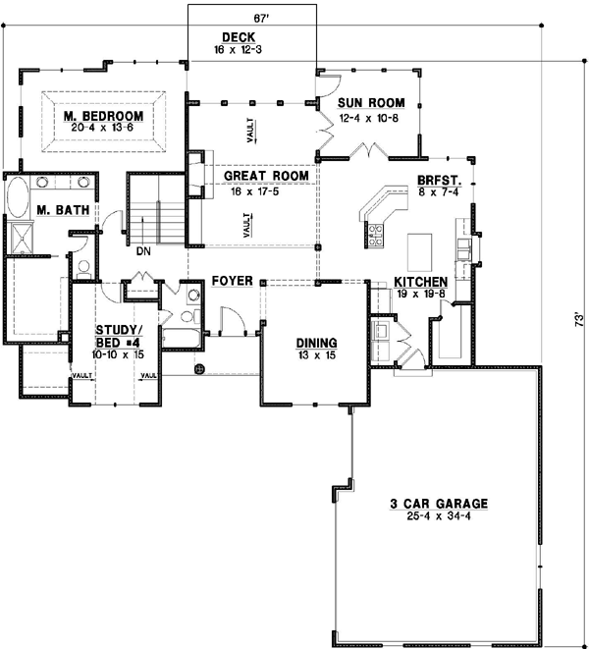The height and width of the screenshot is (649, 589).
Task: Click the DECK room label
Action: click(239, 37)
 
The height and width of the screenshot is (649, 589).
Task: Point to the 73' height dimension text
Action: click(579, 320)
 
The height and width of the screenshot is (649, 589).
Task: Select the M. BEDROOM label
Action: click(103, 116)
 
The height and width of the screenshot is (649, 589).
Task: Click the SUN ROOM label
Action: click(371, 103)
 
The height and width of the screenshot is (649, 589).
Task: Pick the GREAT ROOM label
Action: click(266, 176)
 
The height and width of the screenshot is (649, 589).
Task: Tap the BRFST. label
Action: click(439, 181)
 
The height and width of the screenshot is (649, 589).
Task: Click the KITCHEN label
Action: click(420, 282)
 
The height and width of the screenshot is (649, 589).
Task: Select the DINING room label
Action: click(317, 343)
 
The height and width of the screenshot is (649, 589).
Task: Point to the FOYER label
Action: click(233, 281)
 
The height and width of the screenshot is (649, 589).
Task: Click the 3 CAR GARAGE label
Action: click(439, 504)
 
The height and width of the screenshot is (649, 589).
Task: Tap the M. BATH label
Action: click(63, 210)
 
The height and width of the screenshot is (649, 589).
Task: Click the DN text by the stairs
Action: click(143, 251)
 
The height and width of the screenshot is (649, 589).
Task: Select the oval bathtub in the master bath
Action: click(18, 197)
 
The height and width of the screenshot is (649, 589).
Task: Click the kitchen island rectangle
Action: click(420, 252)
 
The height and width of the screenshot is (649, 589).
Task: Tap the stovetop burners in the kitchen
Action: click(376, 235)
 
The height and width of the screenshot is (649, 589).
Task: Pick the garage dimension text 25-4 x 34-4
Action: click(439, 516)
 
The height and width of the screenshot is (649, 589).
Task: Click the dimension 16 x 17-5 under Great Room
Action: click(255, 191)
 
